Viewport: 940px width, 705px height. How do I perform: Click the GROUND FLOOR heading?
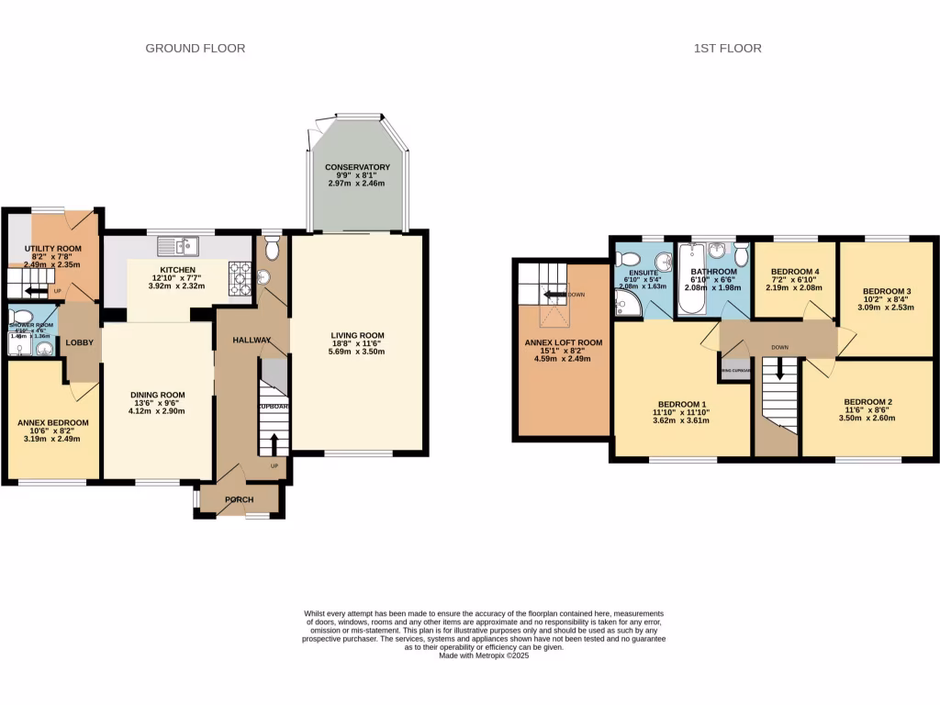[196, 48]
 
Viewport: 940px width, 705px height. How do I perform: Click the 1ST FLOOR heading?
[727, 48]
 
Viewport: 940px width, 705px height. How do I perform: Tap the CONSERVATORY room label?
[357, 167]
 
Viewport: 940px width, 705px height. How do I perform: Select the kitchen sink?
[178, 244]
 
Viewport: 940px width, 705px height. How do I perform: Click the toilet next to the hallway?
[270, 249]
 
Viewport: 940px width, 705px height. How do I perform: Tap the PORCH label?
[240, 499]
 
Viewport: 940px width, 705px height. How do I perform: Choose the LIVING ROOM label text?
[358, 335]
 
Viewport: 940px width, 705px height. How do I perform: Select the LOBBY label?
[77, 342]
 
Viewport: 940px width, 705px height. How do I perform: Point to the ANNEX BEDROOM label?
[53, 422]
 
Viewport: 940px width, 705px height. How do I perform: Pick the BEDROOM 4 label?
[794, 272]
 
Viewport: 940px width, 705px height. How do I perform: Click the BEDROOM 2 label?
[867, 402]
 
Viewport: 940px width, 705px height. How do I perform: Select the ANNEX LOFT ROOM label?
[563, 342]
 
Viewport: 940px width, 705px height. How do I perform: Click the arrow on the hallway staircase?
[274, 442]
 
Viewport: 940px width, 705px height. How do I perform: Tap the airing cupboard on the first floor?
[735, 370]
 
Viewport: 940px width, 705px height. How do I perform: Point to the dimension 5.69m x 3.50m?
[358, 352]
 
